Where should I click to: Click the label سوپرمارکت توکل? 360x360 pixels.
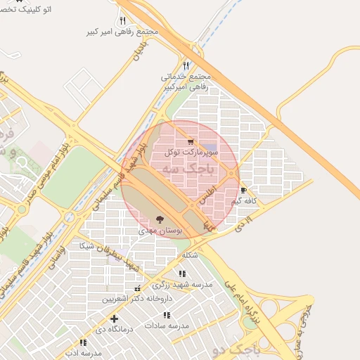192,151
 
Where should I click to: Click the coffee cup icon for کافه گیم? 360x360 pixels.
243,191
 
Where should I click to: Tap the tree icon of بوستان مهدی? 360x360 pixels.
160,219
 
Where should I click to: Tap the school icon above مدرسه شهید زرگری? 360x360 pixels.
182,274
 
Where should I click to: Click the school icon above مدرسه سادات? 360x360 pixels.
167,315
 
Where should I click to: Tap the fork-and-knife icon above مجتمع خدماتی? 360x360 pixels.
186,64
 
